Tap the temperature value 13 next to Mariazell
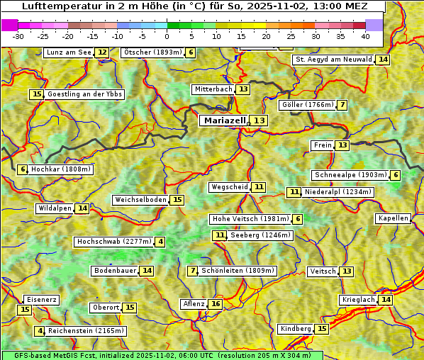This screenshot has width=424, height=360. (260, 120)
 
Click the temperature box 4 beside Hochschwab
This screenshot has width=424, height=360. (161, 242)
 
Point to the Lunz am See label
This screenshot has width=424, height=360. (69, 52)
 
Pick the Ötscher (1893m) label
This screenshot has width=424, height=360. (152, 52)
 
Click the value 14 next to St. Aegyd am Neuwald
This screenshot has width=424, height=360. (383, 60)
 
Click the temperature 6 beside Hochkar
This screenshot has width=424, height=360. (23, 169)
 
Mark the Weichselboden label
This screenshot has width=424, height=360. (141, 200)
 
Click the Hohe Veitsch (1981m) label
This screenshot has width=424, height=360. (251, 219)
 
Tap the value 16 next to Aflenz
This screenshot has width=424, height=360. (216, 304)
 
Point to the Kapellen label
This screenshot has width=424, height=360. (393, 218)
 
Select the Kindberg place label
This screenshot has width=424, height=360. (296, 329)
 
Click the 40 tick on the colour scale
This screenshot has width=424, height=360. (365, 36)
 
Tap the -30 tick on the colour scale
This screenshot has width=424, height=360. (18, 36)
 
